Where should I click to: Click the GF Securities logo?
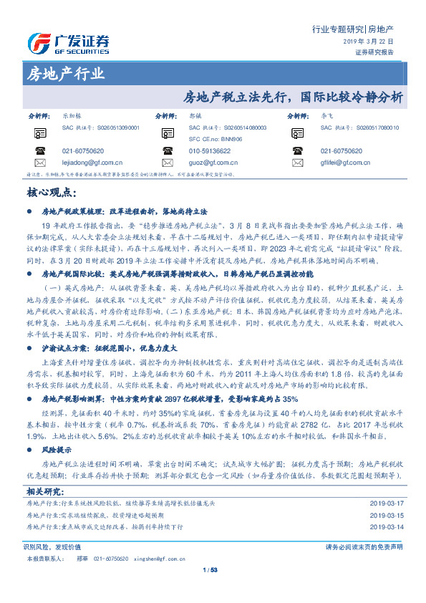(x=67, y=44)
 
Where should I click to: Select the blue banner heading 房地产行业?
(x=64, y=74)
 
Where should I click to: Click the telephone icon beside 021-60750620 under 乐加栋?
(x=39, y=151)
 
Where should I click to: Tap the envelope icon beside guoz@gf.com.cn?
(x=166, y=163)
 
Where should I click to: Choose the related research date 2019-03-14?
(x=384, y=506)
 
